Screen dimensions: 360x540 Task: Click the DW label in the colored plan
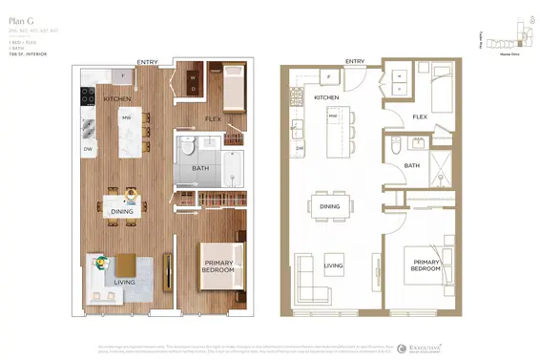click(x=88, y=149)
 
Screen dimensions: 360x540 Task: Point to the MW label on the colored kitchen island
click(x=126, y=116)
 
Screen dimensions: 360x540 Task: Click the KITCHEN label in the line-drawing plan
click(x=327, y=97)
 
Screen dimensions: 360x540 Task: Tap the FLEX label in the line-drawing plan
click(x=419, y=117)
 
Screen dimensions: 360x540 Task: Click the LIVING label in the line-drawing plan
click(x=333, y=266)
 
